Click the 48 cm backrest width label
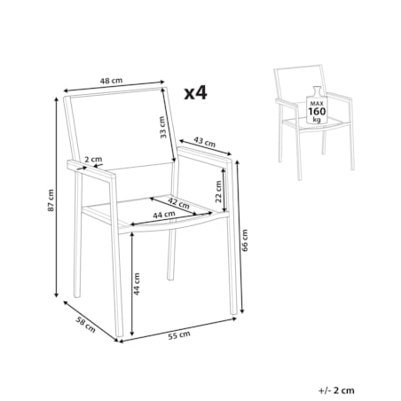pyautogui.click(x=111, y=80)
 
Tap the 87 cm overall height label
pyautogui.click(x=51, y=200)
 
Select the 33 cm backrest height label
pyautogui.click(x=162, y=128)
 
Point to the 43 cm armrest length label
pyautogui.click(x=204, y=142)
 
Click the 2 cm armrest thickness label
pyautogui.click(x=93, y=160)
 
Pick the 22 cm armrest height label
pyautogui.click(x=218, y=192)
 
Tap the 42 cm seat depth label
pyautogui.click(x=178, y=203)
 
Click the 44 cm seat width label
pyautogui.click(x=164, y=215)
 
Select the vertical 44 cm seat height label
pyautogui.click(x=137, y=284)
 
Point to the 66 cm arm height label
pyautogui.click(x=245, y=240)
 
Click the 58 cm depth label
pyautogui.click(x=86, y=325)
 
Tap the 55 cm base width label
pyautogui.click(x=179, y=335)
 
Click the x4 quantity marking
pyautogui.click(x=195, y=93)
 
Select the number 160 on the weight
pyautogui.click(x=317, y=112)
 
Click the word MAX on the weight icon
pyautogui.click(x=317, y=104)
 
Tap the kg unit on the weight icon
pyautogui.click(x=317, y=120)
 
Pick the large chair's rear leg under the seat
pyautogui.click(x=171, y=254)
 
